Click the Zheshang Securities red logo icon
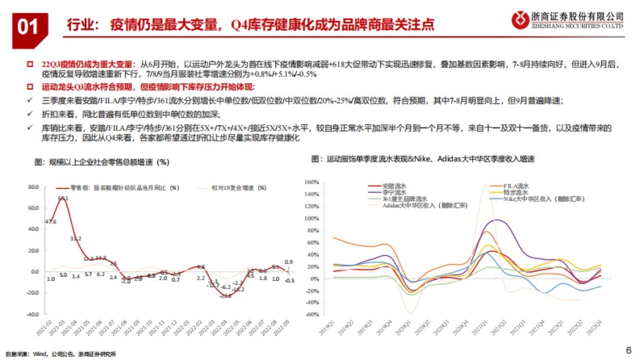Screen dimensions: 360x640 (x=519, y=19)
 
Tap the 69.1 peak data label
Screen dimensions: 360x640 (x=63, y=198)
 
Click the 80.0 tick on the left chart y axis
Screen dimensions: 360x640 (x=34, y=187)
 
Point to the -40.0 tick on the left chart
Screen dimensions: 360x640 (x=33, y=315)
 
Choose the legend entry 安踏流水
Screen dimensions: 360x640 (x=395, y=185)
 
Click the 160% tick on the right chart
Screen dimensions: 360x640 (x=311, y=181)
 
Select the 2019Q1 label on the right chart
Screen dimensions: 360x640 (x=327, y=327)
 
